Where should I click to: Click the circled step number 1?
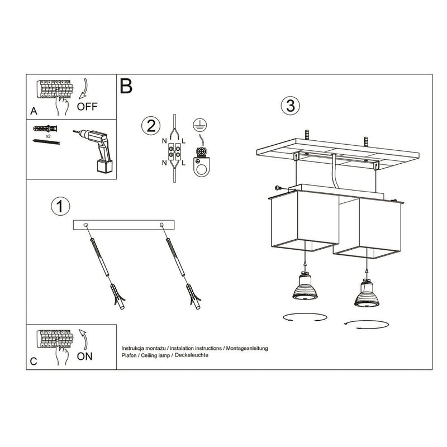(x=60, y=206)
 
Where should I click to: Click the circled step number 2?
(x=149, y=126)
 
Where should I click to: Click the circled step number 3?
(x=289, y=106)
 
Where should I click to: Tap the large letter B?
(x=126, y=86)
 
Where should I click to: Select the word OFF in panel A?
(x=88, y=107)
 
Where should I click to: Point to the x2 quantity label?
(x=49, y=136)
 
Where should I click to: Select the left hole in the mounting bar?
(x=86, y=225)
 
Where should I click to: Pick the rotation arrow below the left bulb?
(x=303, y=317)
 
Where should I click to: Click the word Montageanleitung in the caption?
(x=246, y=348)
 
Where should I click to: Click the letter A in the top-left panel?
(x=34, y=111)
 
